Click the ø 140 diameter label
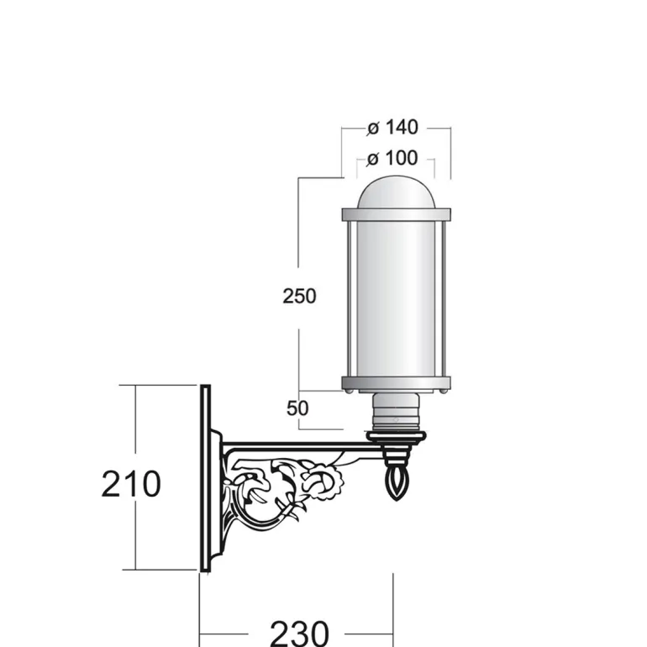tap(392, 127)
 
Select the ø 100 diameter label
tap(392, 158)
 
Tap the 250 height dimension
tap(299, 296)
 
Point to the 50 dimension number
tap(297, 408)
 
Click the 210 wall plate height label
tap(131, 484)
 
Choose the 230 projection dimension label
tap(299, 634)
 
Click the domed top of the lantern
tap(396, 193)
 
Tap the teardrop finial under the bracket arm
tap(396, 483)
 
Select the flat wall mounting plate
tap(206, 478)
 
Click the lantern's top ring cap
tap(396, 214)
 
